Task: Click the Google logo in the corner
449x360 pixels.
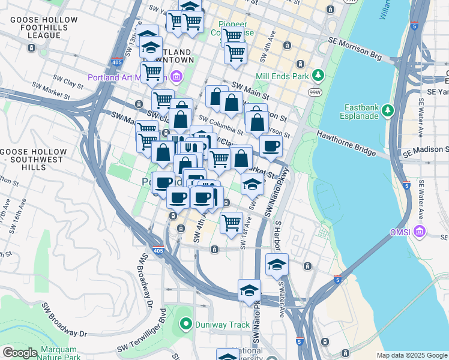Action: [x=20, y=352]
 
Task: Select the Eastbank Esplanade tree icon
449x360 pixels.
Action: [x=388, y=110]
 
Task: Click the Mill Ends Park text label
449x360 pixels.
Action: [x=282, y=76]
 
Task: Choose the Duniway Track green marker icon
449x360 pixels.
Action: [x=185, y=325]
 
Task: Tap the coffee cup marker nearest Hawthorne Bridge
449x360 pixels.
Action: [x=271, y=146]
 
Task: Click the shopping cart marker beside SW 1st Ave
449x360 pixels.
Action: [x=231, y=224]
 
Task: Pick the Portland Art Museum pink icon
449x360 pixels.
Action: [x=176, y=77]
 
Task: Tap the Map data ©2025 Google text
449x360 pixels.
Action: [x=411, y=355]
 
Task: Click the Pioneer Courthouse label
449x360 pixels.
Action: [x=227, y=28]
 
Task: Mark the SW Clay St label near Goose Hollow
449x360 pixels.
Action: [x=66, y=79]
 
